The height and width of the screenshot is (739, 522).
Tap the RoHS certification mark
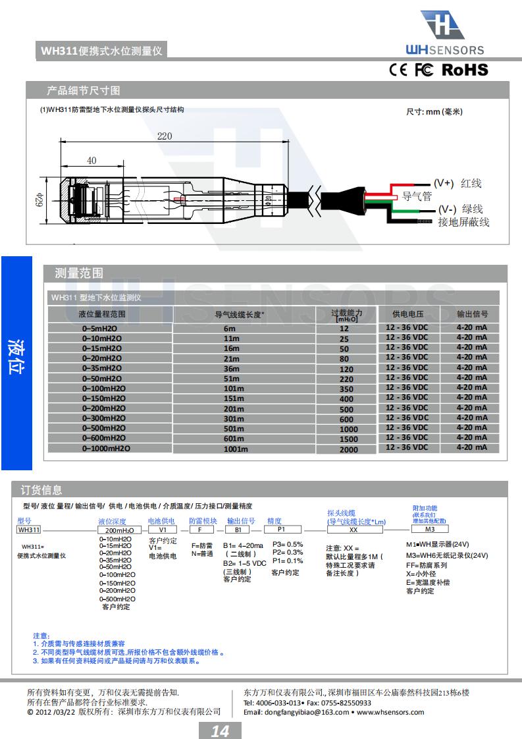(465, 70)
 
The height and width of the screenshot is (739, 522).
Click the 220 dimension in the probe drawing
(165, 136)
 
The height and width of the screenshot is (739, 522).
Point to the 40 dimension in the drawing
(91, 160)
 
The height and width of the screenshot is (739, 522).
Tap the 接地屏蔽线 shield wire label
(463, 222)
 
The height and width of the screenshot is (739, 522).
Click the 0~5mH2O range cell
(101, 328)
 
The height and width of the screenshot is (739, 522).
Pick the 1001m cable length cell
(236, 449)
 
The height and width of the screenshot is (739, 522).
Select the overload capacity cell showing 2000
(349, 449)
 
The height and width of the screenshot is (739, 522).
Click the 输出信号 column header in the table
(472, 314)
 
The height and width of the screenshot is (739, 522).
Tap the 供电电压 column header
(407, 314)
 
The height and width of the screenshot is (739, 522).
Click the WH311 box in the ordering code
(29, 530)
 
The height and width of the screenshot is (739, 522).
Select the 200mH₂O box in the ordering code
(120, 530)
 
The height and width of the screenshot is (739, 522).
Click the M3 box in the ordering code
(429, 529)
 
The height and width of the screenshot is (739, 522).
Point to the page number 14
(220, 730)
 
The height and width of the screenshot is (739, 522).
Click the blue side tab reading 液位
(16, 358)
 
